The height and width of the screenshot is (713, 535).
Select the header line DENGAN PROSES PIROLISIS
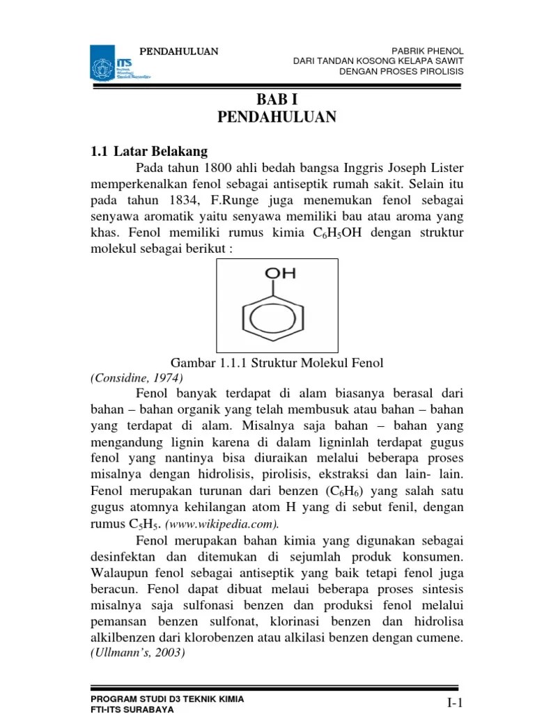coord(401,72)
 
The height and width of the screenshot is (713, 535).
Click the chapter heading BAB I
coord(277,100)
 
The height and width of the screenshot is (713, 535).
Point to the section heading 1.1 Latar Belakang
coord(149,151)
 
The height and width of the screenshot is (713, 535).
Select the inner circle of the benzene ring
coord(277,320)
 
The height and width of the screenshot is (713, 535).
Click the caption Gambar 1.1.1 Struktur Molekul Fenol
coord(277,363)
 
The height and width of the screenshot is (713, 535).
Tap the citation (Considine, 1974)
coord(137,378)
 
